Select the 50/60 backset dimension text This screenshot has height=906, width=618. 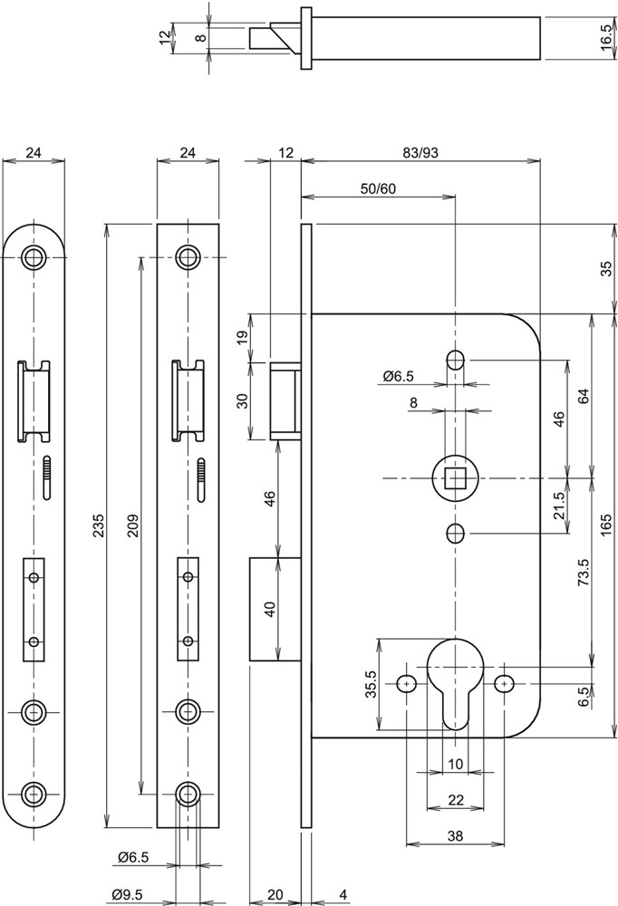[x=378, y=188]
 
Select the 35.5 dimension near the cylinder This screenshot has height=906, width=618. [x=370, y=685]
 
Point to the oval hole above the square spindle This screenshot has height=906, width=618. [x=455, y=360]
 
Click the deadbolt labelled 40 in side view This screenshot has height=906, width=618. [x=275, y=609]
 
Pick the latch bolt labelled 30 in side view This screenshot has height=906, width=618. [x=285, y=400]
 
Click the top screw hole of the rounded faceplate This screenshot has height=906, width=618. [x=34, y=256]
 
